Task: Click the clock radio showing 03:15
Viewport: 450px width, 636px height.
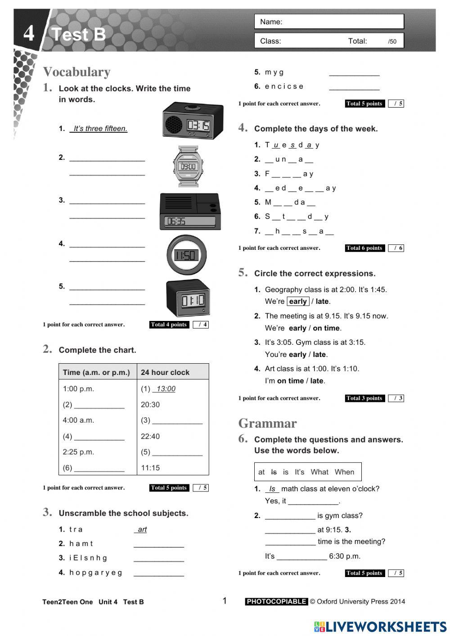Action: click(x=193, y=121)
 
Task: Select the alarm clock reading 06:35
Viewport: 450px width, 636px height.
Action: click(x=189, y=212)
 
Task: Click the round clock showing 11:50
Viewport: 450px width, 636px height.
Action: click(x=186, y=255)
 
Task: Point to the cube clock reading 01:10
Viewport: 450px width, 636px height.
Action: click(x=188, y=298)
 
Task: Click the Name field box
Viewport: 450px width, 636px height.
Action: click(x=329, y=22)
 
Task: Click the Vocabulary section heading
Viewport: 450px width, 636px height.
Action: click(x=76, y=72)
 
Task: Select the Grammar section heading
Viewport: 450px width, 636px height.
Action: click(x=267, y=423)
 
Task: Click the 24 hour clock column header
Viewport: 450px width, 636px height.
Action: click(x=165, y=372)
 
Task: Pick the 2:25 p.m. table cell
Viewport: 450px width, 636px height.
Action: click(x=78, y=452)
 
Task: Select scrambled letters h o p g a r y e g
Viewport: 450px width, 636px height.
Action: click(x=96, y=573)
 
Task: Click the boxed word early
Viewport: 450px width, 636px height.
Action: click(x=298, y=302)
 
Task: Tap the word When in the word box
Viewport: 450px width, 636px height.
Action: click(x=344, y=472)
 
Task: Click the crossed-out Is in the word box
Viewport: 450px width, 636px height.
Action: click(x=274, y=472)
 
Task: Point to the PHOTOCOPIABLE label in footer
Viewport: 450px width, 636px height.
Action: click(x=276, y=601)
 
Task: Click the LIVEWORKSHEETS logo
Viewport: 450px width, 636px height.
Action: click(x=380, y=627)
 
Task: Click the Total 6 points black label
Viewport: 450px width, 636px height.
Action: click(x=364, y=248)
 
